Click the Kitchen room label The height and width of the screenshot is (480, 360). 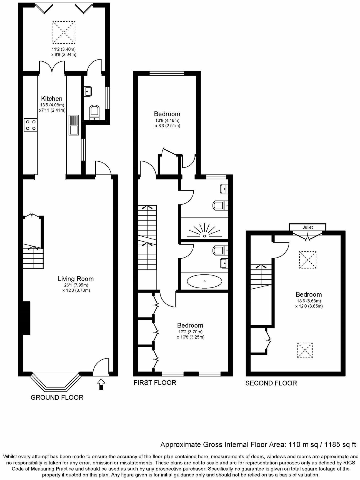[x=52, y=99]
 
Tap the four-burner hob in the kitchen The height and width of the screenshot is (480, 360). [x=31, y=125]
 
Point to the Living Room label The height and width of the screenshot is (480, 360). [x=76, y=279]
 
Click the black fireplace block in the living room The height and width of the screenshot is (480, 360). [x=26, y=318]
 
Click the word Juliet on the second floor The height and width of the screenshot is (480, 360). [x=308, y=227]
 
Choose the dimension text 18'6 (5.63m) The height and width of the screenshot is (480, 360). [x=308, y=301]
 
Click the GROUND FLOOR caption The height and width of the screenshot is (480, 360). [x=57, y=397]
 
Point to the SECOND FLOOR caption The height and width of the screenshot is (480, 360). [x=271, y=383]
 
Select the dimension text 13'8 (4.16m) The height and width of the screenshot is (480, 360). [x=167, y=120]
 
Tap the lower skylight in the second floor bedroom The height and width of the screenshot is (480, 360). [x=305, y=351]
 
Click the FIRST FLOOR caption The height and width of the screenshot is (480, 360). [x=155, y=383]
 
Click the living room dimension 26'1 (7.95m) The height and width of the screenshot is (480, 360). [x=76, y=285]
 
